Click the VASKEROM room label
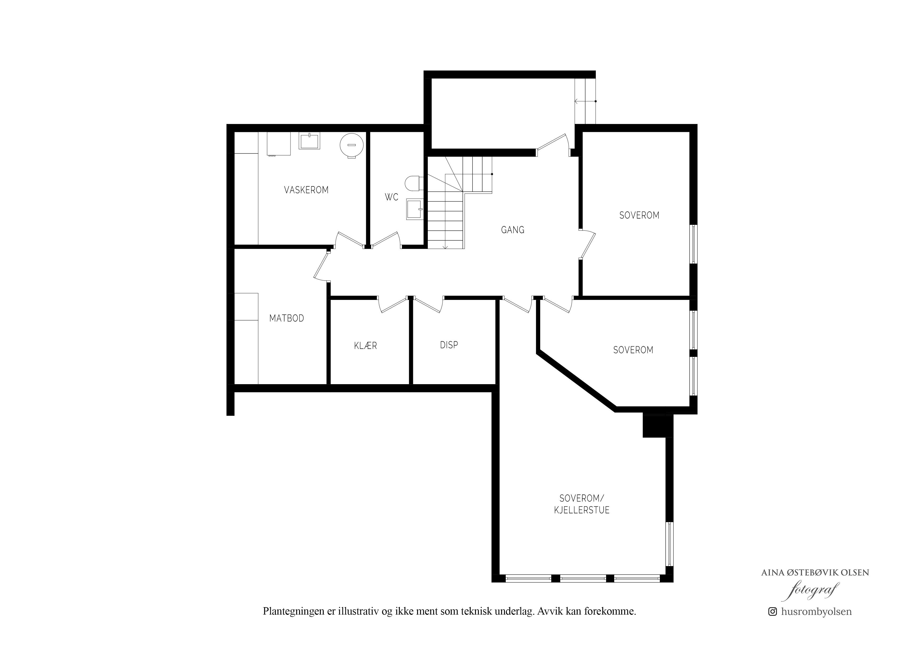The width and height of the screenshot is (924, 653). pyautogui.click(x=306, y=190)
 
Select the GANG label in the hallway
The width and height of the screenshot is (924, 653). pyautogui.click(x=513, y=230)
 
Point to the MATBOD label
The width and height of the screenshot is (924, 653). pyautogui.click(x=287, y=318)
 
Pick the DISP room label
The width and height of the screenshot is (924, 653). pyautogui.click(x=449, y=345)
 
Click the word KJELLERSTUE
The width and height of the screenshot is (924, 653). pyautogui.click(x=582, y=510)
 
